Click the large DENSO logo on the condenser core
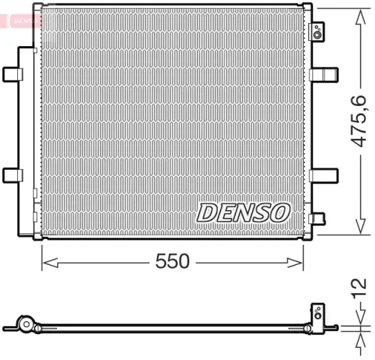243,212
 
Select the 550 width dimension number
173,261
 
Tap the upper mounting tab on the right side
326,74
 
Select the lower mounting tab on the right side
326,175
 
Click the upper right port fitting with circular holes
317,30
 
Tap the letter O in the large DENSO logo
279,212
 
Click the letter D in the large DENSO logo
207,212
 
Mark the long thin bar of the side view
173,328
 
